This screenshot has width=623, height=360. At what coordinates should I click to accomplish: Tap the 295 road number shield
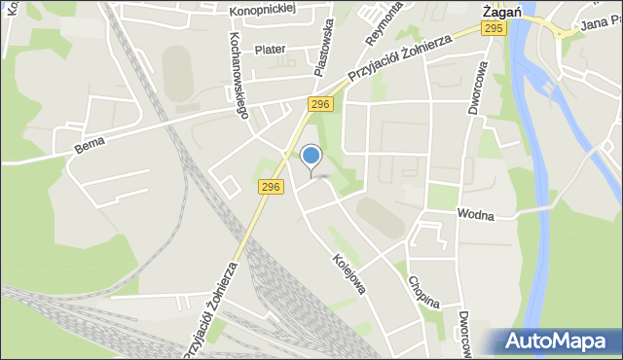click(x=494, y=29)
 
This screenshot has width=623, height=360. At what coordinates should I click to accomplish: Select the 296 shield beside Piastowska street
click(x=321, y=103)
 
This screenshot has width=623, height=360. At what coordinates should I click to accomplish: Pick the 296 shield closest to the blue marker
click(x=271, y=185)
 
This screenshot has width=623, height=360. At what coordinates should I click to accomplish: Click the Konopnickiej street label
click(x=262, y=11)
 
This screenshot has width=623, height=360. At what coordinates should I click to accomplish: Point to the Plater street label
click(x=270, y=49)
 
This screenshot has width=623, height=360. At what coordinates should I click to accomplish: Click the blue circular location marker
click(x=311, y=156)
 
